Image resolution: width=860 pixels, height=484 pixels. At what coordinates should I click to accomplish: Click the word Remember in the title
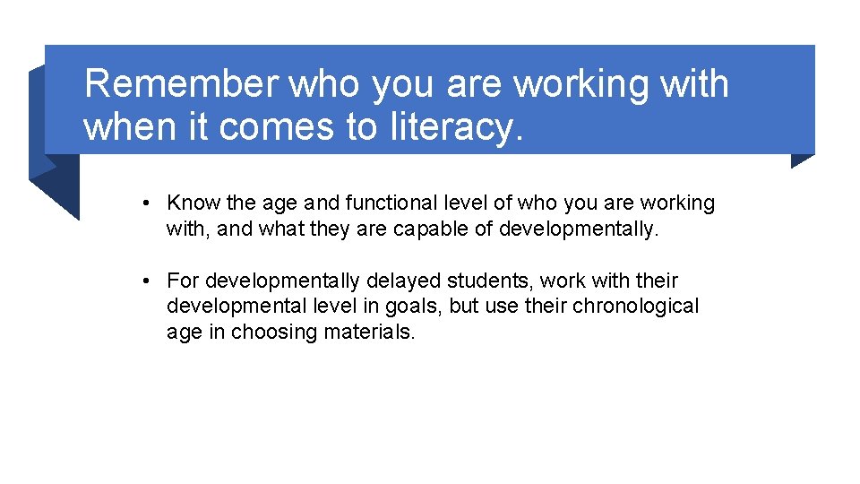(x=181, y=84)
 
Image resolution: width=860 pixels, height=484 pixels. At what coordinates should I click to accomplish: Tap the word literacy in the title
(x=455, y=126)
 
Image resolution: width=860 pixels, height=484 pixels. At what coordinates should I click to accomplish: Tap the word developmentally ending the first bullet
(x=578, y=229)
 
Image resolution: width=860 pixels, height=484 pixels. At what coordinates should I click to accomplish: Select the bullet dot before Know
(x=146, y=203)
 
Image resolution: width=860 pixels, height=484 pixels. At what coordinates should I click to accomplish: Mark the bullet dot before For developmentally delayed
(x=146, y=281)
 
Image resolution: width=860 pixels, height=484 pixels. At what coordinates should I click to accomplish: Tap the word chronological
(x=636, y=307)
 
